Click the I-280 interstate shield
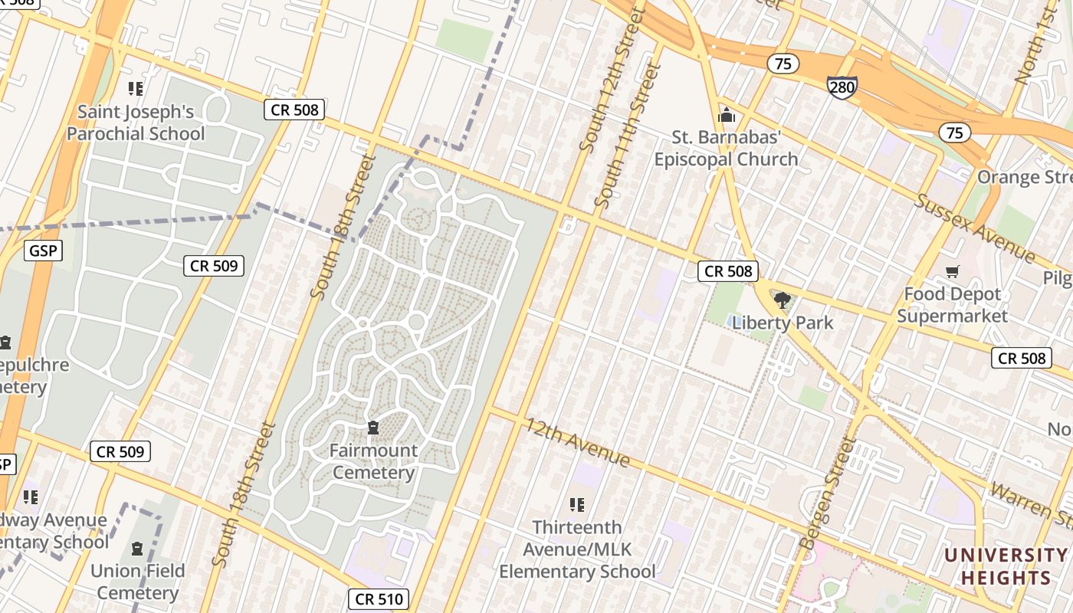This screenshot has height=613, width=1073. (x=842, y=87)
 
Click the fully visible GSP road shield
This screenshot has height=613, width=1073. (x=42, y=250)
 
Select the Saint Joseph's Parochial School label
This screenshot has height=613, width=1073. (x=136, y=123)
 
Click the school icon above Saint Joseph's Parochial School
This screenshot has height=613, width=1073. (x=136, y=89)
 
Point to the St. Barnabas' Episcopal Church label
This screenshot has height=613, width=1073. (x=726, y=149)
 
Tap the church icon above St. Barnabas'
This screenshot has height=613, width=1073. (x=726, y=116)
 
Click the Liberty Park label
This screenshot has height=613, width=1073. (x=783, y=323)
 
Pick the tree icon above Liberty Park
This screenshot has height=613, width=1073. (x=782, y=300)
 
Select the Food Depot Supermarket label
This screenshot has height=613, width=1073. (x=952, y=305)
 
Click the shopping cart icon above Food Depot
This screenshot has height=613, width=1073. (x=953, y=271)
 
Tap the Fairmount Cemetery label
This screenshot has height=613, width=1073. (x=373, y=461)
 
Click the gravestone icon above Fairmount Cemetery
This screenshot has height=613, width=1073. (x=373, y=428)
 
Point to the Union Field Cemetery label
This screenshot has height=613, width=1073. (x=138, y=582)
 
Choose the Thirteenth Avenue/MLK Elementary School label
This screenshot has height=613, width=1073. (x=577, y=549)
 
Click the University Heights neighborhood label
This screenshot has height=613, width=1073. (x=1006, y=566)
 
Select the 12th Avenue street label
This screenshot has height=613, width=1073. (x=577, y=443)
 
